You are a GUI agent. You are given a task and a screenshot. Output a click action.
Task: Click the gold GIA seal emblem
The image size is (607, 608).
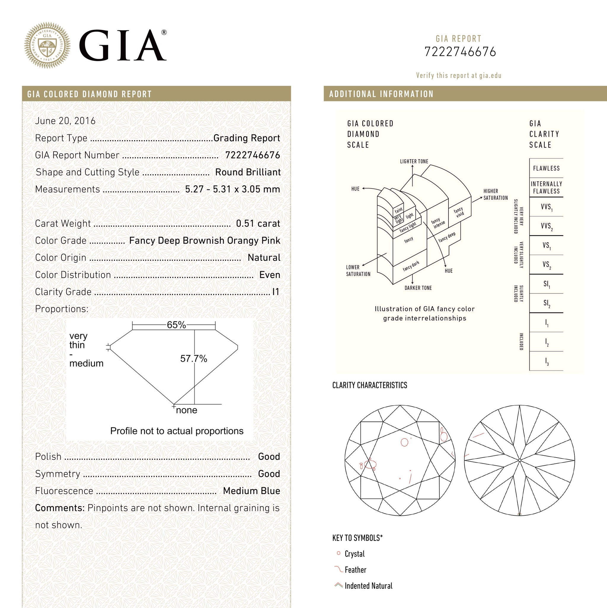(x=47, y=45)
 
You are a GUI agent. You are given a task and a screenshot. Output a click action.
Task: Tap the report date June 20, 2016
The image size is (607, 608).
(x=65, y=121)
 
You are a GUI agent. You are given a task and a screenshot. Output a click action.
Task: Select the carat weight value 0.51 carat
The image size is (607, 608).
(x=258, y=223)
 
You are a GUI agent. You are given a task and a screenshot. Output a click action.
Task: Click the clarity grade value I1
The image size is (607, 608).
(x=276, y=292)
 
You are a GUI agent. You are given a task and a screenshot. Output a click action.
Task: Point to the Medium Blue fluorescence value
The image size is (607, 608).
(x=251, y=491)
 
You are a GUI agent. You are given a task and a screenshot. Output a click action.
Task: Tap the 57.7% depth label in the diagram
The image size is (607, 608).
(x=193, y=358)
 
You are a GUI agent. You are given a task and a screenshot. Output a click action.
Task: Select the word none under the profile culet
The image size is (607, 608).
(x=186, y=410)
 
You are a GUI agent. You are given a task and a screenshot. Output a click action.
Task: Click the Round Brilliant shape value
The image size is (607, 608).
(x=248, y=172)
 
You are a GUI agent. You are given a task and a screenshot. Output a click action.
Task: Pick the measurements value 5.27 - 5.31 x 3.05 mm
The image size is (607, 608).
(x=232, y=189)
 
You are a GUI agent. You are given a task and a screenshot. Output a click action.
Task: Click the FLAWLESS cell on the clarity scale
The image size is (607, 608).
(x=546, y=168)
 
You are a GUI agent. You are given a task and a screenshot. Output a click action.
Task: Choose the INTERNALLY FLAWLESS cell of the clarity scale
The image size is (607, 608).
(x=546, y=188)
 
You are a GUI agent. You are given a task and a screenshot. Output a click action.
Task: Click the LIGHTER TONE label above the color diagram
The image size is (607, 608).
(x=414, y=161)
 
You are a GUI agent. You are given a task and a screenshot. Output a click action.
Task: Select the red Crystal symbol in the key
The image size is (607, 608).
(x=338, y=553)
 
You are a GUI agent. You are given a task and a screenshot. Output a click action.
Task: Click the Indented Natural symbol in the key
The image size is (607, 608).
(x=338, y=585)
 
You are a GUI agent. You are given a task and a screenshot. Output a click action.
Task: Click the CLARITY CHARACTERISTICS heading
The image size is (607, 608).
(x=369, y=385)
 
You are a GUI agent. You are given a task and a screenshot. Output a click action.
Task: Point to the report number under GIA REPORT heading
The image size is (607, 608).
(x=460, y=52)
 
